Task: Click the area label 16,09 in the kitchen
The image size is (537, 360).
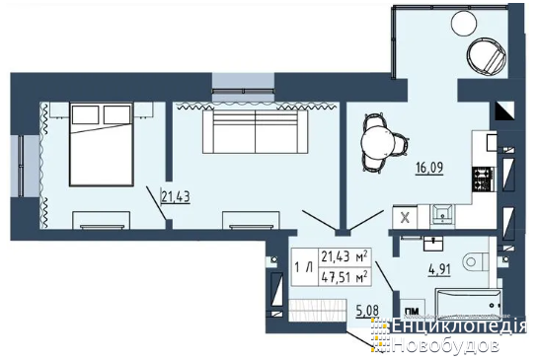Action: click(429, 168)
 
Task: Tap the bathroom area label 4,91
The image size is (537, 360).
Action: click(439, 269)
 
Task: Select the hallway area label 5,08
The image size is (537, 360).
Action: click(367, 311)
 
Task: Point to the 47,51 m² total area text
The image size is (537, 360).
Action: click(345, 276)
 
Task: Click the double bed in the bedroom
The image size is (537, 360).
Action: click(101, 144)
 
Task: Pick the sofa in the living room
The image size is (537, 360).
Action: click(255, 132)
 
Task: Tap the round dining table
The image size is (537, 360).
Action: click(378, 143)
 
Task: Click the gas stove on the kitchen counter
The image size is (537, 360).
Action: click(484, 179)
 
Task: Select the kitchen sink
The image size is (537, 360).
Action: click(443, 214)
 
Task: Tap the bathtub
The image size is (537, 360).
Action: click(469, 304)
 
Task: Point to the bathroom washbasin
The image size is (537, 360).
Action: click(433, 244)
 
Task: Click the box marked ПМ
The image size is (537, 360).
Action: click(413, 310)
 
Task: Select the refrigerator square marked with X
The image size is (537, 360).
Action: click(405, 217)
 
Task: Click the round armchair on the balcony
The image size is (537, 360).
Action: click(487, 56)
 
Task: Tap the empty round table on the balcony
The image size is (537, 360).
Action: click(464, 22)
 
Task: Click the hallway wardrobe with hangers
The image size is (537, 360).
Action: click(317, 310)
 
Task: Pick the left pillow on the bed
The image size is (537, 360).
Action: click(85, 114)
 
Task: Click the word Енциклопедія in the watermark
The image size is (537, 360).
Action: click(459, 326)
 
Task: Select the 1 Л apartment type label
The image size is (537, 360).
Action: click(304, 267)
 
